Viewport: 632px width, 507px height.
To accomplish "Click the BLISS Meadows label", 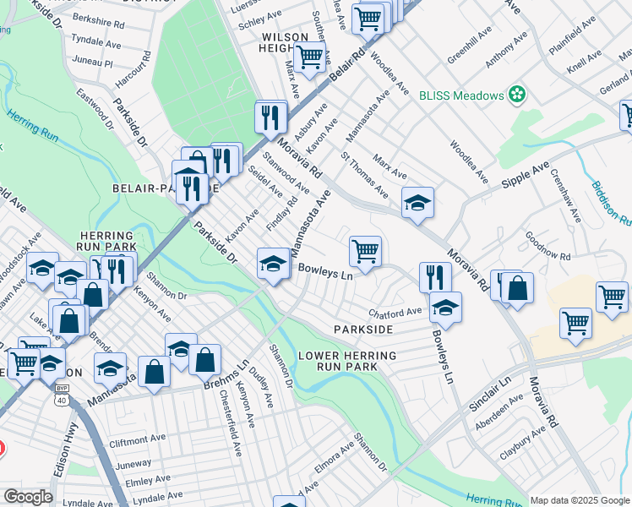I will (461, 95).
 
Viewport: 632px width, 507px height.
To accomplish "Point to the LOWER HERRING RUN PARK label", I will (346, 361).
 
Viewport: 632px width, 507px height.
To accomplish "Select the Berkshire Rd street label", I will (98, 18).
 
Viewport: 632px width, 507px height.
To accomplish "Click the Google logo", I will (28, 497).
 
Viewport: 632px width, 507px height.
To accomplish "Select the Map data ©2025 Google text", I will (580, 500).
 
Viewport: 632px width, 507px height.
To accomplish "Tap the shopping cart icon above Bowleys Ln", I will (365, 251).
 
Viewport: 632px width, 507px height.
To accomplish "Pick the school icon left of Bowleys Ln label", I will (274, 263).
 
